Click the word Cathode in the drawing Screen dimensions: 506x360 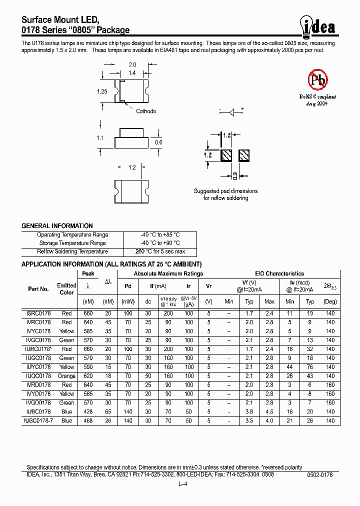tap(146, 111)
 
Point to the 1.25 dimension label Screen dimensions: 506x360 tap(102, 91)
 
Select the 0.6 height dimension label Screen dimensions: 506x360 tap(158, 142)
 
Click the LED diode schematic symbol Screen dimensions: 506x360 tap(231, 112)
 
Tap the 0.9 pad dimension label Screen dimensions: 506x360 tap(235, 175)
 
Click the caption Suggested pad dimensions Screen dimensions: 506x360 tap(225, 191)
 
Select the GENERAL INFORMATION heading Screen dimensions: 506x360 tap(57, 225)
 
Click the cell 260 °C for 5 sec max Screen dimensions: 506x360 tap(160, 251)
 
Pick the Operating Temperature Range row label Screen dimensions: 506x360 tap(72, 234)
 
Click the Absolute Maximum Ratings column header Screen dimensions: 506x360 tap(168, 273)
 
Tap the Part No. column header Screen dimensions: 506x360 tap(38, 289)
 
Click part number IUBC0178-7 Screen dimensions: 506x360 tap(38, 420)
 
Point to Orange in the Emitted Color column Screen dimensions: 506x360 tap(66, 375)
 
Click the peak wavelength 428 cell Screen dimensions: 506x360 tap(88, 411)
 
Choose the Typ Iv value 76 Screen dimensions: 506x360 tap(310, 366)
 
